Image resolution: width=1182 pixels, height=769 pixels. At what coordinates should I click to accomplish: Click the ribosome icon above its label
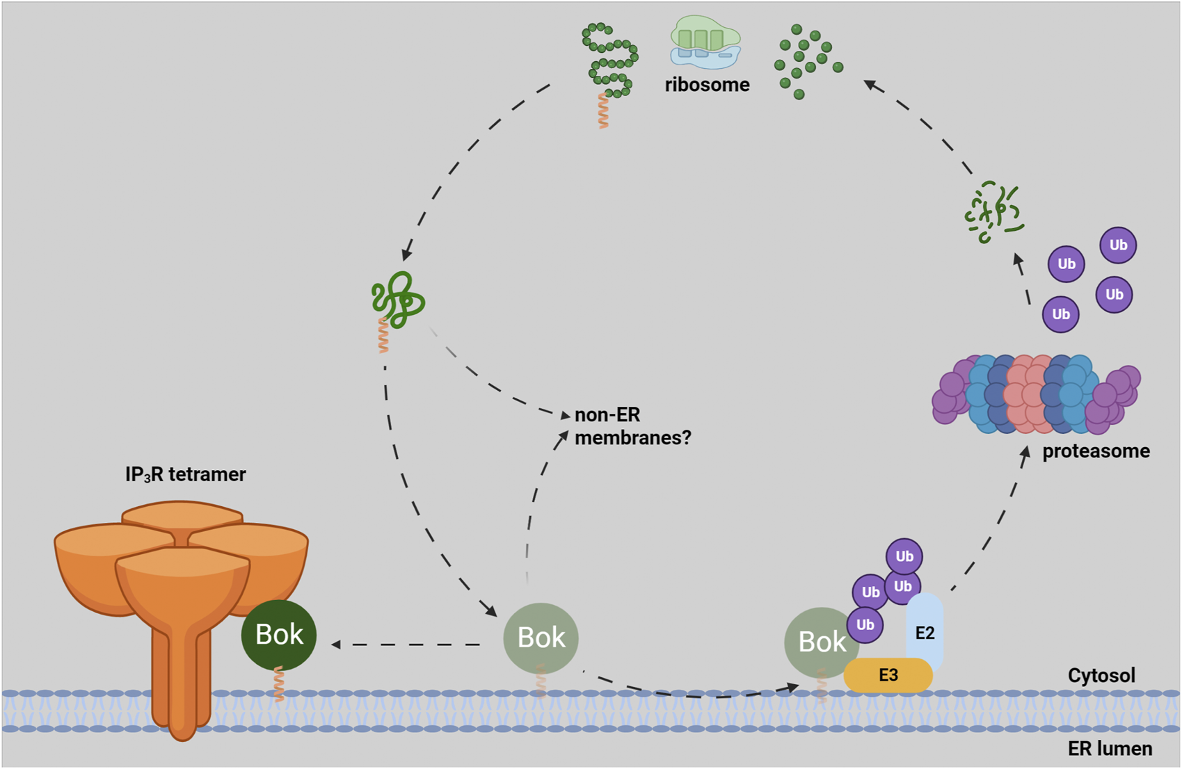point(705,43)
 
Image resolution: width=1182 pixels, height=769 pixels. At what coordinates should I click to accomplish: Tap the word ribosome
point(707,85)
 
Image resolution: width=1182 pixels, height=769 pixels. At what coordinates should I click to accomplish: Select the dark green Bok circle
point(279,634)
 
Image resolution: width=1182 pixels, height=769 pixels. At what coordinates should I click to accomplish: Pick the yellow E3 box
point(888,675)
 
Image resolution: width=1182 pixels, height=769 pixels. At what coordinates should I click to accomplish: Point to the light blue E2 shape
point(925,629)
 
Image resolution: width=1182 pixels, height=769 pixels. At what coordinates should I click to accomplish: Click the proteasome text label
point(1095,451)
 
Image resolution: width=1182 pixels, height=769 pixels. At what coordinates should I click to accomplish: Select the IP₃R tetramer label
point(185,474)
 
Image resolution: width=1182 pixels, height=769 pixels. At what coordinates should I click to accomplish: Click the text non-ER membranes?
point(632,426)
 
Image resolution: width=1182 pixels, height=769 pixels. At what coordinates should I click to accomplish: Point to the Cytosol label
point(1101,675)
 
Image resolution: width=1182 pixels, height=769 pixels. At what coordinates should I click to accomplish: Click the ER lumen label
point(1109,748)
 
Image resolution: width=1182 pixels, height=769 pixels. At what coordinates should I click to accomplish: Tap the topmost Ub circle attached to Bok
point(904,556)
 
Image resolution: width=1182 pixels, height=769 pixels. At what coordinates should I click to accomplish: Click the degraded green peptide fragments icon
point(993,211)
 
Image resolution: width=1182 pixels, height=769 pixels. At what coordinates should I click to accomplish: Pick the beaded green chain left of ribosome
point(609,61)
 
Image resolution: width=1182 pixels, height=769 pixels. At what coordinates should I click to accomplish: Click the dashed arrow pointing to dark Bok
point(407,645)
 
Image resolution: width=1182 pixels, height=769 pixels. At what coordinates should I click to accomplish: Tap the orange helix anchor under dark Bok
point(279,684)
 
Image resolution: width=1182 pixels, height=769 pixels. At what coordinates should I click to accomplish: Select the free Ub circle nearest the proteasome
point(1060,314)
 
